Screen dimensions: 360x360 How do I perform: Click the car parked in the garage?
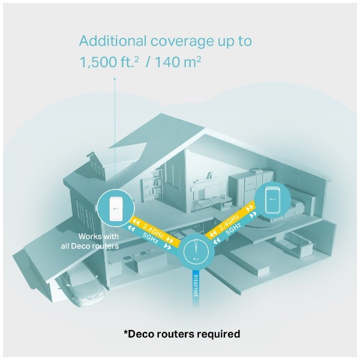tap(81, 282)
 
